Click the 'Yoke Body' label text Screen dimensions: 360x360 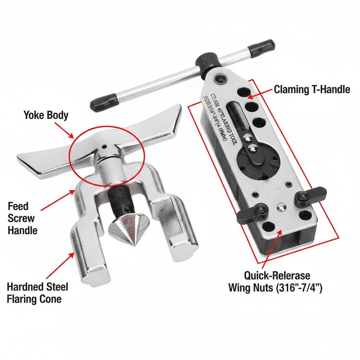pyautogui.click(x=46, y=115)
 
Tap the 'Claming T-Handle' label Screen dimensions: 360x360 pyautogui.click(x=312, y=89)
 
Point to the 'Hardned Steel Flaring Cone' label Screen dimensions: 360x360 pyautogui.click(x=37, y=293)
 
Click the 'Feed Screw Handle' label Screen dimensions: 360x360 pyautogui.click(x=22, y=218)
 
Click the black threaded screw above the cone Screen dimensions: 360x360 pyautogui.click(x=120, y=200)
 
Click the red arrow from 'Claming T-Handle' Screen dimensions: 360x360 pyautogui.click(x=261, y=93)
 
